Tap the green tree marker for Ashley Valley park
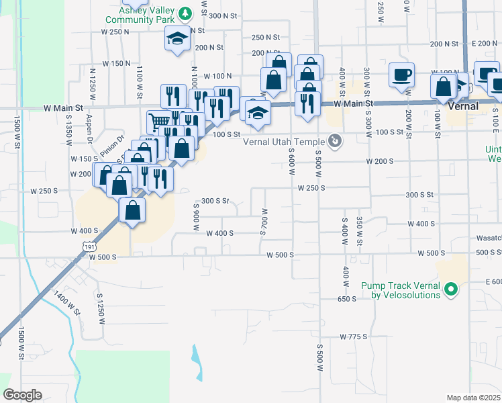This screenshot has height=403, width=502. pos(187,12)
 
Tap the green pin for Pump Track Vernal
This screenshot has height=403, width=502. pos(452,289)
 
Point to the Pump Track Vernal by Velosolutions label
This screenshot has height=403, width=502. pos(401,290)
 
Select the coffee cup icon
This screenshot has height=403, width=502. pos(401,75)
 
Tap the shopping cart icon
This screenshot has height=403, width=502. pos(159,121)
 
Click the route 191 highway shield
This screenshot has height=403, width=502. pos(90,248)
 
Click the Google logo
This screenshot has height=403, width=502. pos(22,394)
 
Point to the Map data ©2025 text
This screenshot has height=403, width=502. pos(472,398)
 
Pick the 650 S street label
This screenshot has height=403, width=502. pos(346,298)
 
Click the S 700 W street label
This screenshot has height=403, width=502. pos(264,220)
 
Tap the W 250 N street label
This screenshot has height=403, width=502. pos(115,32)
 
